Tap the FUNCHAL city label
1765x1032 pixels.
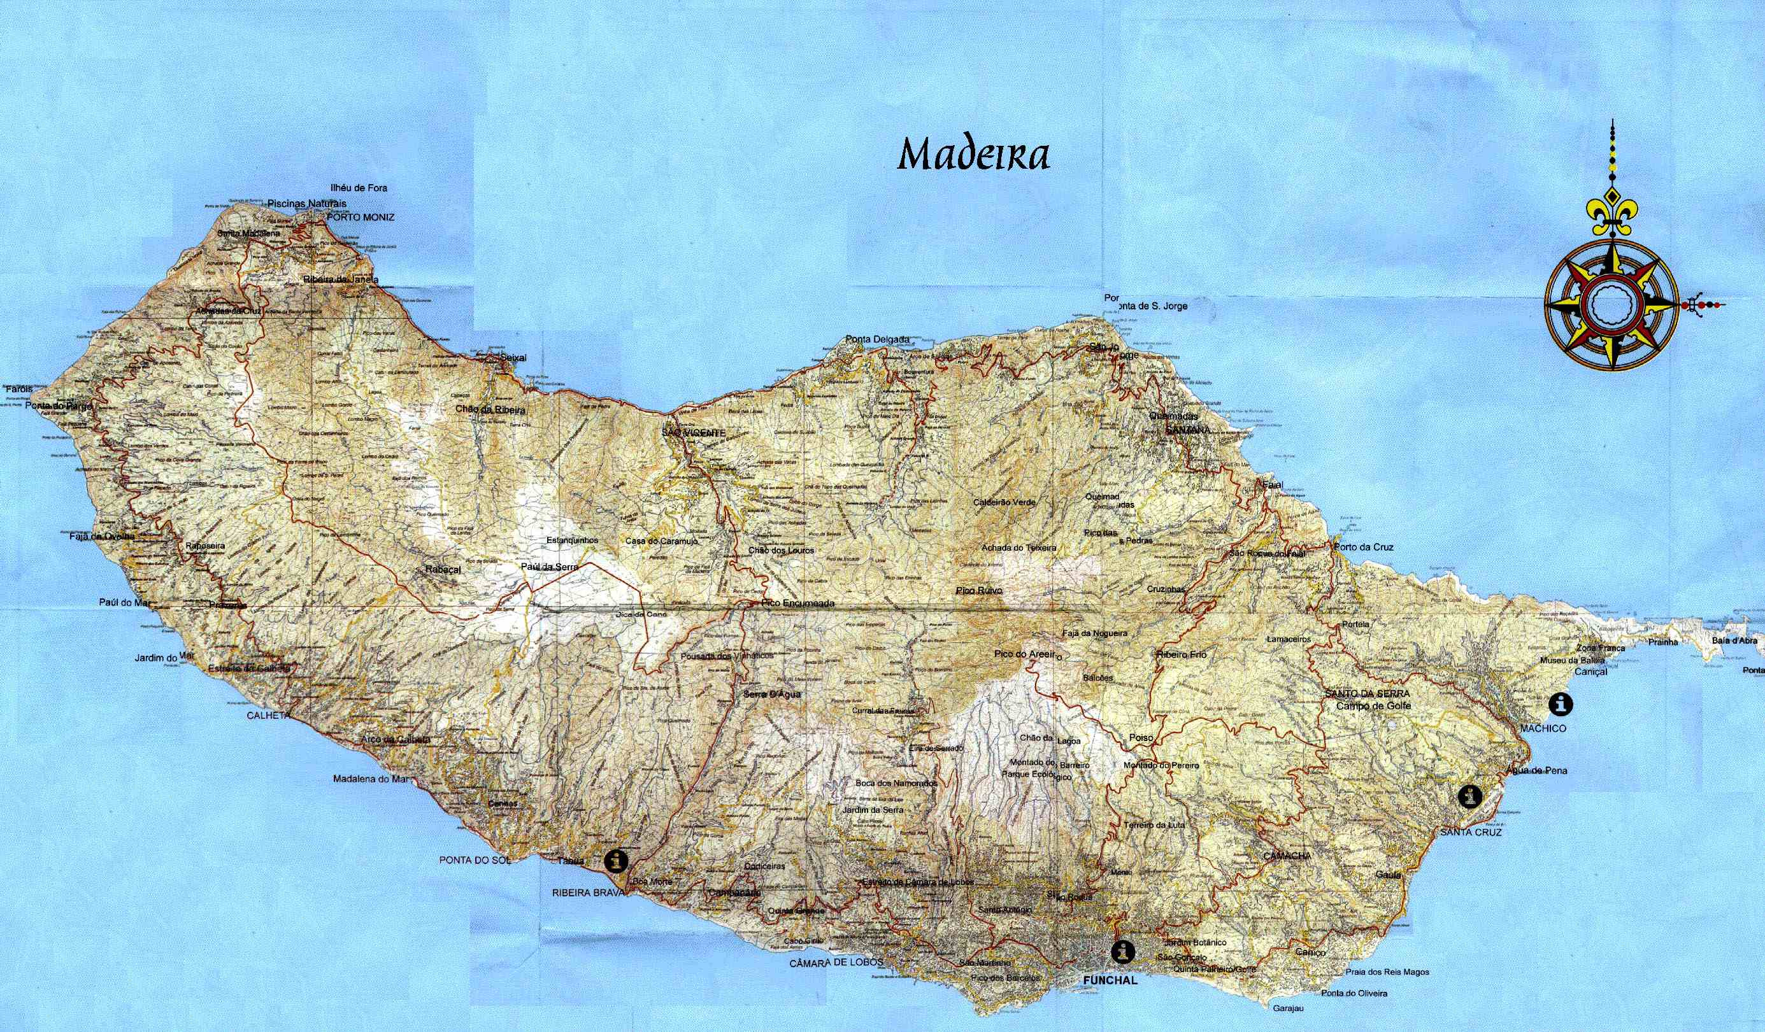(1110, 980)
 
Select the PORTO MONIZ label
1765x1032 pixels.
(360, 217)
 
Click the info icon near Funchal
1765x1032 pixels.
(1123, 951)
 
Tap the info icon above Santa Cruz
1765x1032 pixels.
(1469, 796)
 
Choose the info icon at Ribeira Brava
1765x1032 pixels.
(617, 859)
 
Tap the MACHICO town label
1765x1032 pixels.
(1543, 728)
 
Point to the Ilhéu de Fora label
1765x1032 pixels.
(359, 188)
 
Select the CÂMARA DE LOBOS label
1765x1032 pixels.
(836, 963)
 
